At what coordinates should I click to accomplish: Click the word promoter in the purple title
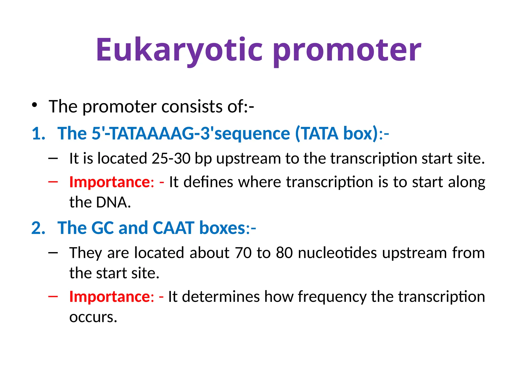347,50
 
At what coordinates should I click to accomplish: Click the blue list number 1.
38,133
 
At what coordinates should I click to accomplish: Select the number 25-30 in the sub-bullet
171,159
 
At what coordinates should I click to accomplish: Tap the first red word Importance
110,182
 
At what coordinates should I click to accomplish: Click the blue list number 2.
38,228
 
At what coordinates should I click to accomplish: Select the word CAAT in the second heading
174,228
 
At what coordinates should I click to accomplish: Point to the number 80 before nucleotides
284,253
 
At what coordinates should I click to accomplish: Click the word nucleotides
337,253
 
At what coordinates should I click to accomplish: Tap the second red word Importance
110,297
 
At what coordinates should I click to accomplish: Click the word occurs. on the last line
93,317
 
